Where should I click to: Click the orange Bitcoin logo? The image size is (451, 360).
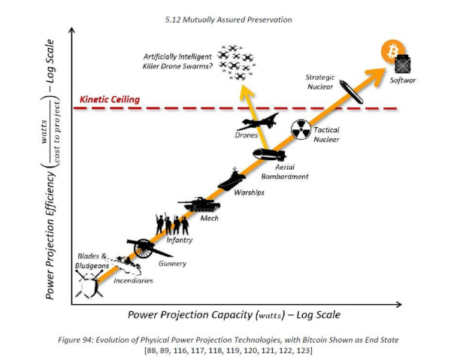pyautogui.click(x=391, y=51)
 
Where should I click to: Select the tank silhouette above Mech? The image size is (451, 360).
pyautogui.click(x=198, y=204)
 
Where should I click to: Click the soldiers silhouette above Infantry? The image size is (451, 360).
pyautogui.click(x=171, y=224)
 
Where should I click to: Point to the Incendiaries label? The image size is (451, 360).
pyautogui.click(x=133, y=280)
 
